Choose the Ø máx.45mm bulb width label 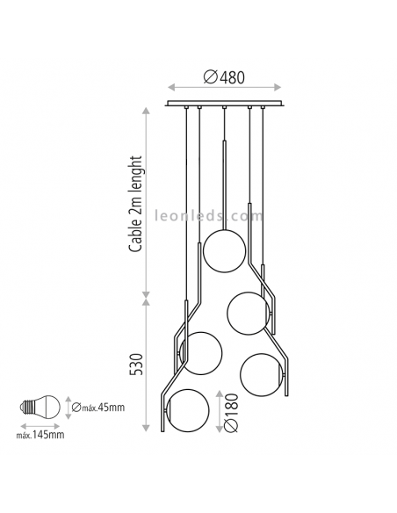pyautogui.click(x=98, y=407)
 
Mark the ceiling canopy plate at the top pyautogui.click(x=225, y=105)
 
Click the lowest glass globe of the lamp pyautogui.click(x=188, y=410)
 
